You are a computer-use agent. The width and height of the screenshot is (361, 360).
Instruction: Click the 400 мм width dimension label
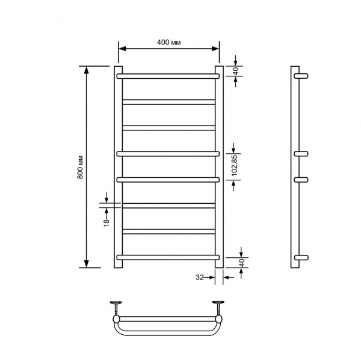click(168, 42)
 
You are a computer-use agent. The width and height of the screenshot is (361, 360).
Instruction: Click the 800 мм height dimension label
click(80, 167)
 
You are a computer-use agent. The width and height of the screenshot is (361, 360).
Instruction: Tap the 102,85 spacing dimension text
click(235, 165)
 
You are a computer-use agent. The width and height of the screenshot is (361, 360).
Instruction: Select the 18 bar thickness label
click(106, 223)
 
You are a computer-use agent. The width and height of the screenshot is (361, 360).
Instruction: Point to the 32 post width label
click(200, 278)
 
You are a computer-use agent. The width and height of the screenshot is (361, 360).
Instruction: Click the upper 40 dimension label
click(236, 72)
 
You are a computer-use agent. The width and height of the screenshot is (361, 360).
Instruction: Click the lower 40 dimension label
click(242, 263)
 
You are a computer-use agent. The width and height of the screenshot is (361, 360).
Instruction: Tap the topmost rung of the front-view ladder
click(168, 76)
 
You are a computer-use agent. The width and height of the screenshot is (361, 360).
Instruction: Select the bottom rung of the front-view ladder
click(168, 257)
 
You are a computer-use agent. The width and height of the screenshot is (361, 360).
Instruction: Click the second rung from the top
click(168, 102)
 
